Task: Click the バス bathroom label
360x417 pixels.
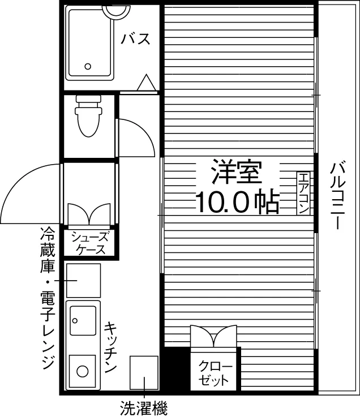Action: (x=135, y=39)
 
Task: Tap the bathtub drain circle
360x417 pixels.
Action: (x=88, y=66)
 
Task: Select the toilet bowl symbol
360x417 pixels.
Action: (x=89, y=116)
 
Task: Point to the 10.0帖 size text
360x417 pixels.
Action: (x=238, y=202)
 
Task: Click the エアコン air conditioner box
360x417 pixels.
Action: (x=303, y=194)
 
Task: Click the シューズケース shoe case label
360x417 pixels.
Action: (x=90, y=243)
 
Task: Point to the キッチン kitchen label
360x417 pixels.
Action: (x=110, y=347)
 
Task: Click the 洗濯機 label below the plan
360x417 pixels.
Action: (x=144, y=408)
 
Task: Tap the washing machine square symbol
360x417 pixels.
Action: (x=144, y=373)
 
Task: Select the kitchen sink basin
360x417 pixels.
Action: (x=83, y=320)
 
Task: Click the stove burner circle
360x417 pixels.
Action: (x=83, y=371)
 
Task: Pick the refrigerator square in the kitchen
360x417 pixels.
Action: (x=83, y=281)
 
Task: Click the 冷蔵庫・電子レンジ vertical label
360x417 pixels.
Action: (x=48, y=298)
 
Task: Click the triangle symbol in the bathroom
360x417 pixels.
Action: (x=147, y=83)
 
